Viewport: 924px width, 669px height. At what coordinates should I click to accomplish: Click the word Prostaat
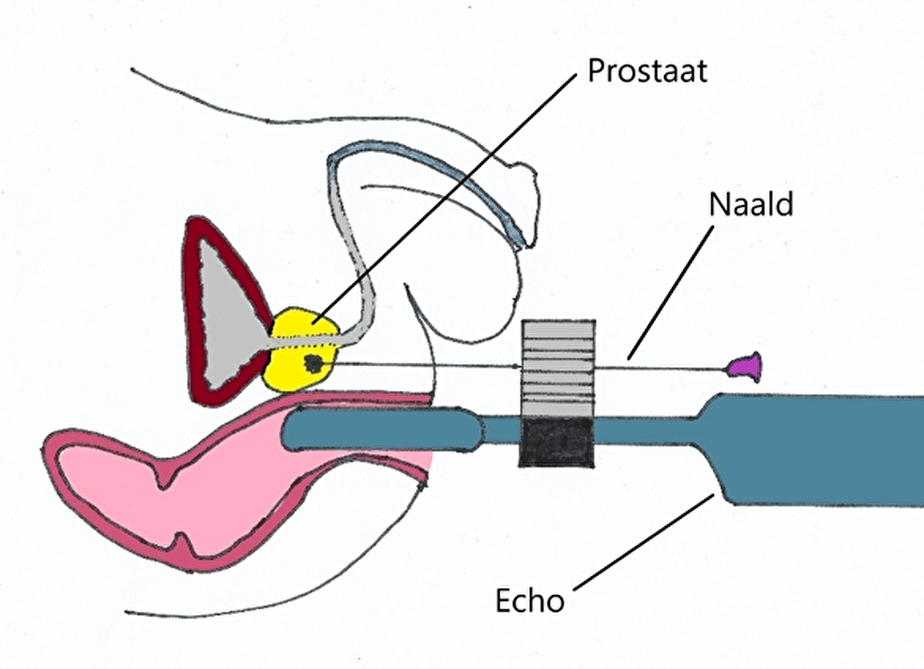(648, 72)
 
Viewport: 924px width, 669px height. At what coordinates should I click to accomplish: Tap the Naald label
(751, 204)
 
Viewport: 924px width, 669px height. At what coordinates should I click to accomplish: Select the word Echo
(529, 601)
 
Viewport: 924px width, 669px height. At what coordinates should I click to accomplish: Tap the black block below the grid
(556, 442)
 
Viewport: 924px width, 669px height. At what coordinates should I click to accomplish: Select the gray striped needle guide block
(559, 368)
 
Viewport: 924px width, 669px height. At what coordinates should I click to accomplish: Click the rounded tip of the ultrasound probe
(291, 429)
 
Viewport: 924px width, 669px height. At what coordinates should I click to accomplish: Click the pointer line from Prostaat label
(444, 199)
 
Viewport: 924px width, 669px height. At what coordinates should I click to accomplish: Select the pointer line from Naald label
(671, 293)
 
